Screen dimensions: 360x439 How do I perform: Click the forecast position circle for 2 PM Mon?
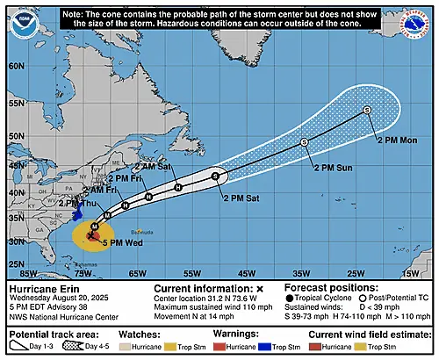(x=367, y=110)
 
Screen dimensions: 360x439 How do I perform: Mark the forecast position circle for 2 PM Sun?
(x=304, y=141)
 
